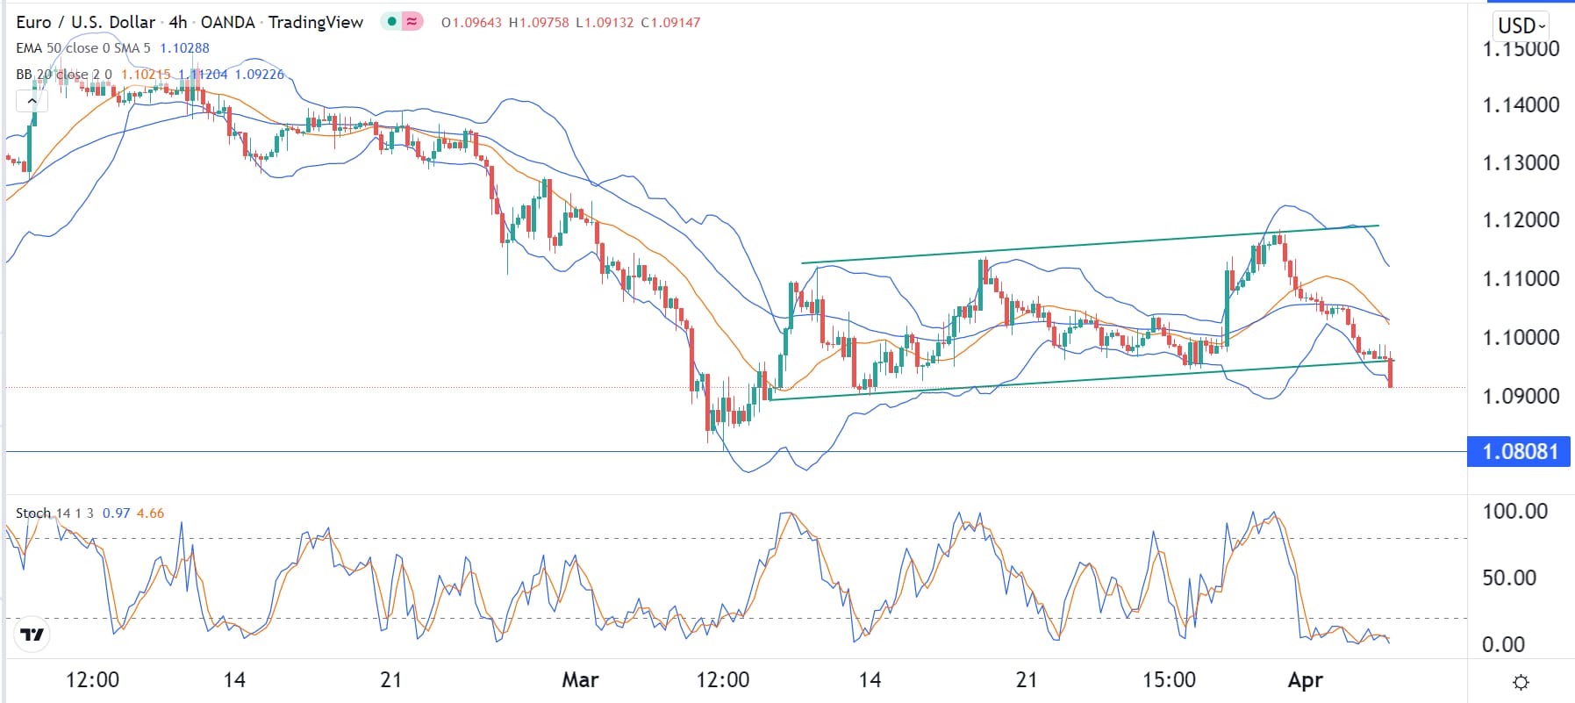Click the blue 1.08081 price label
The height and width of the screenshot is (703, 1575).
click(x=1519, y=452)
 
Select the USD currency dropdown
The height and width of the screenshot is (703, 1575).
click(x=1521, y=25)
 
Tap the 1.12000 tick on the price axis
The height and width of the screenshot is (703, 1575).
click(x=1521, y=220)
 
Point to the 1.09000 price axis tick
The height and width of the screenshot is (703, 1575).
click(x=1521, y=396)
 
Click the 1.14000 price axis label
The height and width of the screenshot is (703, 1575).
click(x=1521, y=105)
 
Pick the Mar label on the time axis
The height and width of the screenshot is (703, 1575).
click(x=580, y=680)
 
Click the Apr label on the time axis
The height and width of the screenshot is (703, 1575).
click(x=1305, y=680)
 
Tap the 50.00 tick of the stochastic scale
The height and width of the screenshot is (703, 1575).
click(x=1509, y=577)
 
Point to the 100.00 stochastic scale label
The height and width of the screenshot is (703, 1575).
click(x=1514, y=512)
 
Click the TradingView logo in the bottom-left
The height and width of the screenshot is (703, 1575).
click(x=32, y=635)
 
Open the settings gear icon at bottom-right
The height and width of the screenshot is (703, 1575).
click(x=1521, y=682)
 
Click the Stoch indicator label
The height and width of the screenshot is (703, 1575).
click(x=33, y=513)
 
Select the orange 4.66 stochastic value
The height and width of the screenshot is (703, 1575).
click(x=150, y=513)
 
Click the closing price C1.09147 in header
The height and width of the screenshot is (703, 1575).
click(x=670, y=23)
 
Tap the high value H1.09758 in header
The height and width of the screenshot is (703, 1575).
click(x=538, y=23)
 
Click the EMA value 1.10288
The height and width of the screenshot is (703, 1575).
click(x=184, y=48)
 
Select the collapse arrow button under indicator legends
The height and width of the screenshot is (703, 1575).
click(x=32, y=101)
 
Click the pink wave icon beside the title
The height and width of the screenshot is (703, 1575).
click(x=412, y=22)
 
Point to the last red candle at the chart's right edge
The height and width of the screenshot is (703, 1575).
click(x=1391, y=374)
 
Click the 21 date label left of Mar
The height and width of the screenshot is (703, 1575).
click(x=391, y=680)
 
